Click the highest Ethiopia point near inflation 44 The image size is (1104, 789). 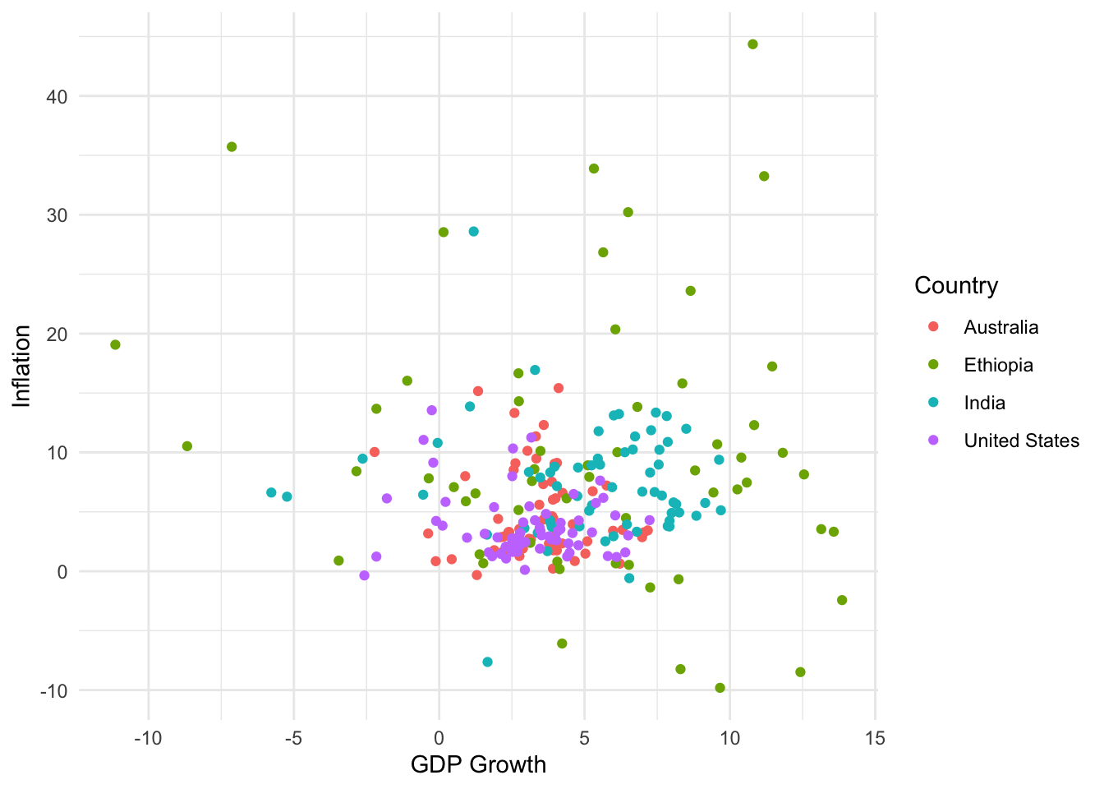coord(752,44)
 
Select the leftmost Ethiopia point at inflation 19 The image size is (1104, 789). coord(115,344)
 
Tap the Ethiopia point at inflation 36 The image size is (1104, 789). coord(232,147)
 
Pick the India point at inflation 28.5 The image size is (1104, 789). coord(473,232)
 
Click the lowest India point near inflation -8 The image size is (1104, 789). coord(487,662)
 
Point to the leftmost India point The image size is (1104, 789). coord(271,492)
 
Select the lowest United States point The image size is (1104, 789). coord(364,575)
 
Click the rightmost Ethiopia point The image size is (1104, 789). coord(841,600)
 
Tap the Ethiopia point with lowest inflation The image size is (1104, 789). coord(720,688)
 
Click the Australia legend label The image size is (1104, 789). coord(1000,327)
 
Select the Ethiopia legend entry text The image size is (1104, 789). coord(998,365)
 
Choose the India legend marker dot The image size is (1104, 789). coord(933,403)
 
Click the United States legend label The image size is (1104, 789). coord(1021,441)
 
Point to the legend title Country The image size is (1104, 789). coord(956,285)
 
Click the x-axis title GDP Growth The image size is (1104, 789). coord(478,764)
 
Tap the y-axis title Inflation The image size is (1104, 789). coord(22,366)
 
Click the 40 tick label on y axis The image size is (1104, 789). coord(57,97)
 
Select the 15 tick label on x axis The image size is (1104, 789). coord(875,738)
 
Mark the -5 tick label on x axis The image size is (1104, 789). coord(293,738)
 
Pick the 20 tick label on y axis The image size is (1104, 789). coord(57,335)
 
